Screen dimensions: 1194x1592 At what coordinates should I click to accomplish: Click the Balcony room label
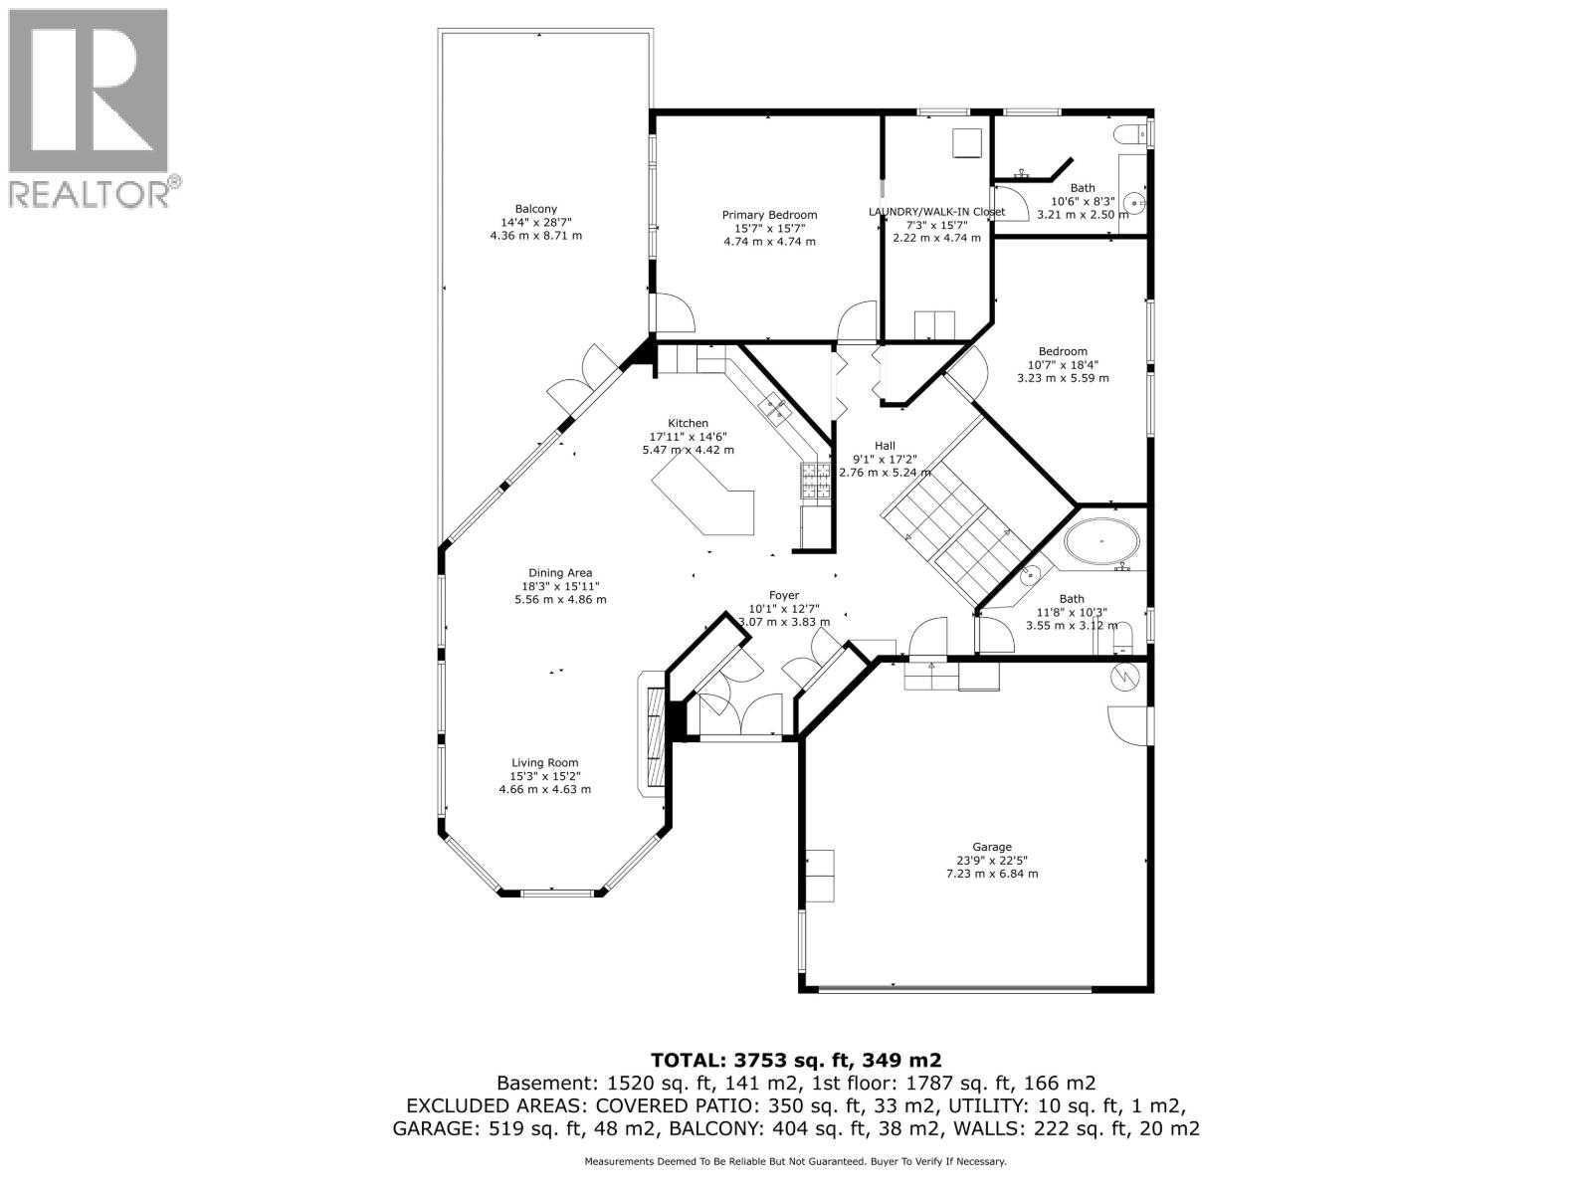coord(535,208)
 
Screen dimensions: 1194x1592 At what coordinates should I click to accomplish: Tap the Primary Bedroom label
coord(769,215)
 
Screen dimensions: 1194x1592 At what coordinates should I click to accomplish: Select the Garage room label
coord(991,847)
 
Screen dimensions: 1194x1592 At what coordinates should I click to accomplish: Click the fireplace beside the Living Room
coord(653,736)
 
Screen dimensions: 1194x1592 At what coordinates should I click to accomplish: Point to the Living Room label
coord(544,763)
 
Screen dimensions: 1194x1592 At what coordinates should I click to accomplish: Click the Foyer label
coord(784,596)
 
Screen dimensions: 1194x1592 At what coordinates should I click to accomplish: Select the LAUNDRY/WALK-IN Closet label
coord(936,212)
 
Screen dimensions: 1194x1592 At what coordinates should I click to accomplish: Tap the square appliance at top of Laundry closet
coord(966,142)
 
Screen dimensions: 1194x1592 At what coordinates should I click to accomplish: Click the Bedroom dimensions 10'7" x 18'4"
coord(1063,364)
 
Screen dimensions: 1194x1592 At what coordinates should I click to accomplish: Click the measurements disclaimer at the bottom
coord(795,1161)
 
